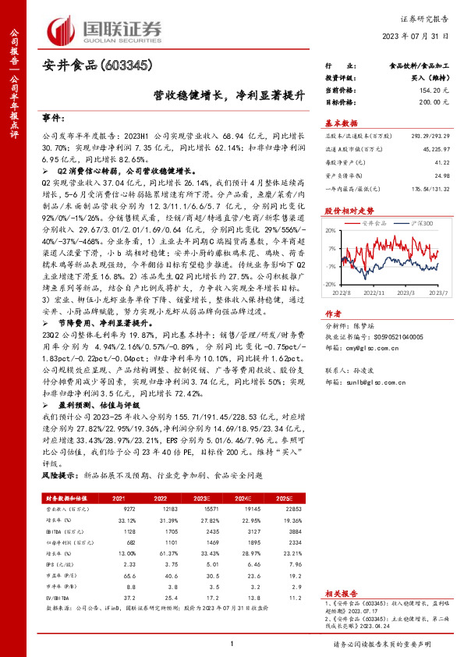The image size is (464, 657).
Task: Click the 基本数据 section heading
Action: (341, 123)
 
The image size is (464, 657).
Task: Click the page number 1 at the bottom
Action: (232, 644)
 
